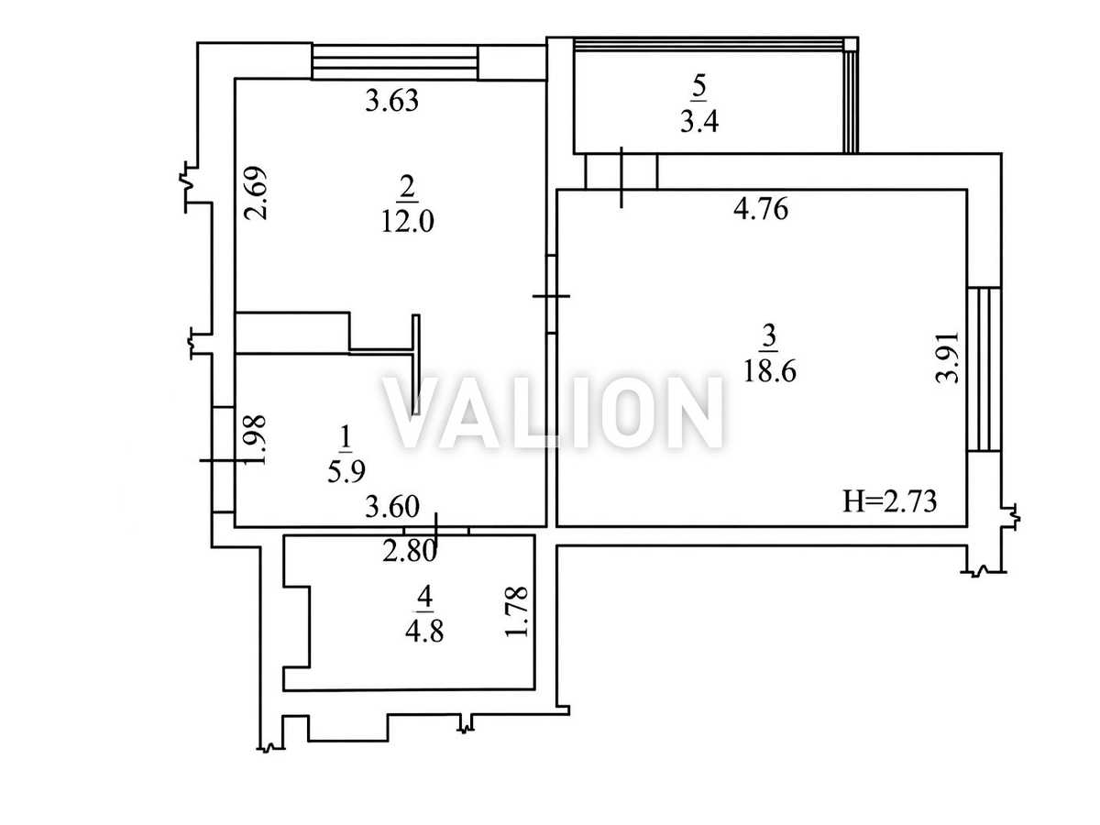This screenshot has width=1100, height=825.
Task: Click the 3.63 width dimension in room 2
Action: (x=391, y=100)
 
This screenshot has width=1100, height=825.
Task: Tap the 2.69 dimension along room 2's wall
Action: (x=256, y=192)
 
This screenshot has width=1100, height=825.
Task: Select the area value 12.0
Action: (x=407, y=221)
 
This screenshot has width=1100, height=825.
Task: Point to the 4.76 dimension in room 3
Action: (x=761, y=209)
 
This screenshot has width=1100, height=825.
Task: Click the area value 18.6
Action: (x=770, y=371)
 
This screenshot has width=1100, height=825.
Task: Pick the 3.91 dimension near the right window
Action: (x=948, y=357)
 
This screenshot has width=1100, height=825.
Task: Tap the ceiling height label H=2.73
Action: (x=889, y=501)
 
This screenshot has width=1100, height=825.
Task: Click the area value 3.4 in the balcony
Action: (x=699, y=122)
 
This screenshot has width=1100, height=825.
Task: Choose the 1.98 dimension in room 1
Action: (x=256, y=440)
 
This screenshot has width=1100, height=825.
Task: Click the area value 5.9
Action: (x=346, y=471)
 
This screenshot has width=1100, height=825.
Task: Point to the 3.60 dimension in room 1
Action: (x=392, y=507)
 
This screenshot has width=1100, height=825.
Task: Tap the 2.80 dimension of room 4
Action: (x=410, y=552)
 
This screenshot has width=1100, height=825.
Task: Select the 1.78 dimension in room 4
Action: (x=517, y=611)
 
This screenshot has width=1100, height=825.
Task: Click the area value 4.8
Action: (x=424, y=632)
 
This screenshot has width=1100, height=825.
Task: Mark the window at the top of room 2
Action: (x=394, y=62)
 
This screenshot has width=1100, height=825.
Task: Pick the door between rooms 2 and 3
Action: (x=551, y=295)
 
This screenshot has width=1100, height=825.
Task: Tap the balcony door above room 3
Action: (x=621, y=171)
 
